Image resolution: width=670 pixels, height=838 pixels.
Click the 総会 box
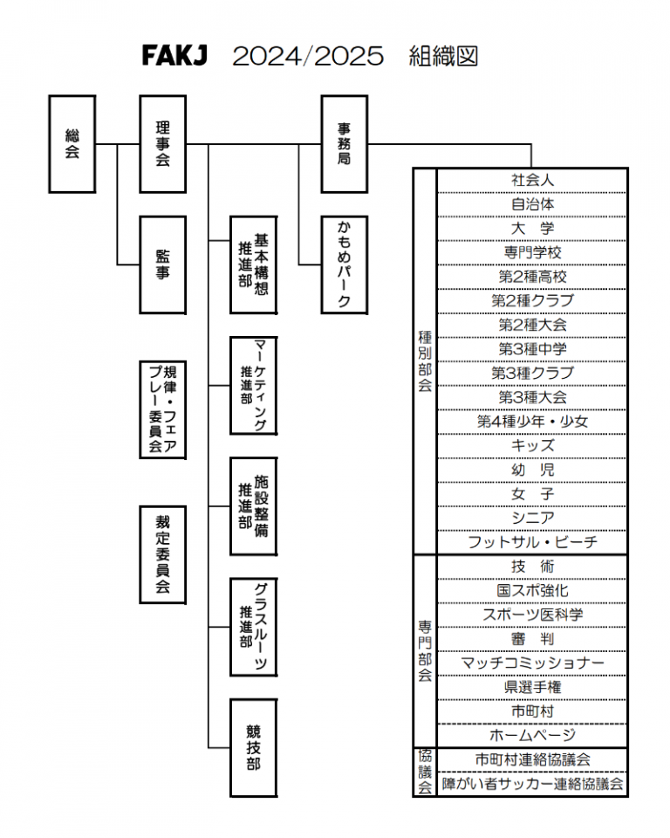(x=72, y=144)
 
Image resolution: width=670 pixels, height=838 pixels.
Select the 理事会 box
(x=163, y=144)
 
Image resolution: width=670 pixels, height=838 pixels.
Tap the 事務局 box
(x=345, y=144)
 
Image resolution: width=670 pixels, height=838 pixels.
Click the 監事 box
(x=163, y=264)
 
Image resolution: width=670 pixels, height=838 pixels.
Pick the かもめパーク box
(x=345, y=264)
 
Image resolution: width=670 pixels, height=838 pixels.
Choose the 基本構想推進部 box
(x=254, y=264)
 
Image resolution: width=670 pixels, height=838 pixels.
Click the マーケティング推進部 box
(x=254, y=385)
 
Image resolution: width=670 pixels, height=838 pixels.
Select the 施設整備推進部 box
(x=254, y=505)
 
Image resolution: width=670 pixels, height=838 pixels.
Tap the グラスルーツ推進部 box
(x=254, y=626)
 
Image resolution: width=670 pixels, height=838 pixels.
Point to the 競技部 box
(x=254, y=747)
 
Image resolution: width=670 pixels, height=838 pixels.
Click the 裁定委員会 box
(x=163, y=553)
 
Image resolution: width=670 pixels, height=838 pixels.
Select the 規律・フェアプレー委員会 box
(x=163, y=409)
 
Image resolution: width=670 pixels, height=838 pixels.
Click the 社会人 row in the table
(x=532, y=180)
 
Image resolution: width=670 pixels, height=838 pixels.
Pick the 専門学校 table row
(x=532, y=252)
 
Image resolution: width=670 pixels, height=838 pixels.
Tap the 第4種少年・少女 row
(x=532, y=422)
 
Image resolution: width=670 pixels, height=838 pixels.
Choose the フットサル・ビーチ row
(x=532, y=542)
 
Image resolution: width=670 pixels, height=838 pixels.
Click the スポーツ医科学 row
(x=532, y=615)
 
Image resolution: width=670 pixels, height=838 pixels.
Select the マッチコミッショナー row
(x=532, y=663)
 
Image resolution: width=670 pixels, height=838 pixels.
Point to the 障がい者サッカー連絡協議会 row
(x=532, y=784)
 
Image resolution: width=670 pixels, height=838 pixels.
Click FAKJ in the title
(x=174, y=57)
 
